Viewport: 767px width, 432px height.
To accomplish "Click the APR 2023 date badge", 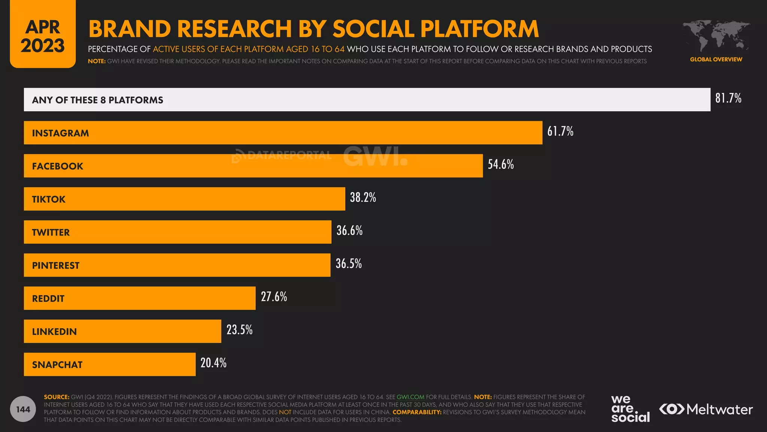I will pos(43,36).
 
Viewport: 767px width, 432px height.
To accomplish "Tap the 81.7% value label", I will pos(728,98).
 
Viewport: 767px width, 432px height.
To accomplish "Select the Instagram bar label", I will pos(60,133).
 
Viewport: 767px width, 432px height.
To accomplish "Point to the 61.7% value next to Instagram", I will pos(560,131).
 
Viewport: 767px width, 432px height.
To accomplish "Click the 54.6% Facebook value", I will pos(500,164).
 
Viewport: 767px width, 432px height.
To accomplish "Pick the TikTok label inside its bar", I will pos(49,199).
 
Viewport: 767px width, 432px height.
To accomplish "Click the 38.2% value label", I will pos(363,197).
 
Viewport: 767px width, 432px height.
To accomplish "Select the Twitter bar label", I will pos(51,232).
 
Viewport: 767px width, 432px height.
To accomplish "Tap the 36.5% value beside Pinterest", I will pos(348,264).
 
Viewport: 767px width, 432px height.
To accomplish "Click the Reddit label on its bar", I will pos(48,298).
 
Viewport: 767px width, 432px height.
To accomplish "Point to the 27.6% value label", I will pos(274,297).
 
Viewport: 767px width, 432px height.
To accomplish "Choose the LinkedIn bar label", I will pos(54,331).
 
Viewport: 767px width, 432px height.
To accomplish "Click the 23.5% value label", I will pos(239,330).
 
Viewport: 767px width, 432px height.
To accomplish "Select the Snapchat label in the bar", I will pos(57,364).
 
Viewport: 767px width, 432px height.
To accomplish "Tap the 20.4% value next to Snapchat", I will pos(213,363).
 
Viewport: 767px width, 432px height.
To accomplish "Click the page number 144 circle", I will pos(23,409).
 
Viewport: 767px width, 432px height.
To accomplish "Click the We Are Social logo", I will pos(630,409).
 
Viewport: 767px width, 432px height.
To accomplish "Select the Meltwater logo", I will pos(706,409).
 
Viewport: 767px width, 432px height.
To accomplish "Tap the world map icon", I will pos(716,36).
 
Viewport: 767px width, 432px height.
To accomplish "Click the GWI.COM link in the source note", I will pos(410,397).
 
